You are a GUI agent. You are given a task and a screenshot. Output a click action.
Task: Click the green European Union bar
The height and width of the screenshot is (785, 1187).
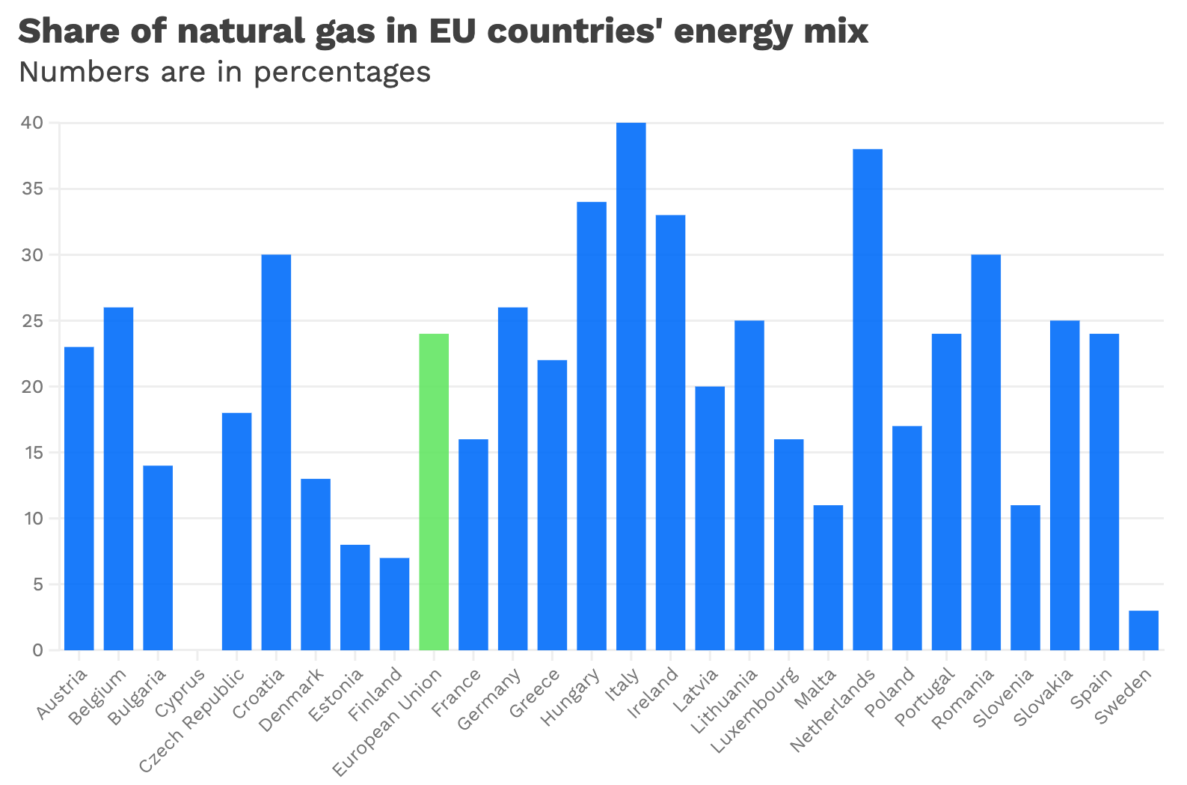point(434,492)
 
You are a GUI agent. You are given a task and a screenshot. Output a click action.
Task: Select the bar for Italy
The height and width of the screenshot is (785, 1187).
point(631,386)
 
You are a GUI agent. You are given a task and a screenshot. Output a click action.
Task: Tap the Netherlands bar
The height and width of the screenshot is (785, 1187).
point(868,400)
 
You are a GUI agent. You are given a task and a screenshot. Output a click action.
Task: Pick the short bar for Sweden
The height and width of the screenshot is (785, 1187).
point(1144,630)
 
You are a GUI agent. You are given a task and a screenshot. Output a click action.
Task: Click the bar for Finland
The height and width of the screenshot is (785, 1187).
point(394,604)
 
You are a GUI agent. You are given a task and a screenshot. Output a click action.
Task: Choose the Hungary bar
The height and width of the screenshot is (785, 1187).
point(592,426)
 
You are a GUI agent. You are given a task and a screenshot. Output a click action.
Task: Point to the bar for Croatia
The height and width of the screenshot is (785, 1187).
point(276,452)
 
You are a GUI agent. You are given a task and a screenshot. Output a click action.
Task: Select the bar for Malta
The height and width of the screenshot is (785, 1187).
point(828,578)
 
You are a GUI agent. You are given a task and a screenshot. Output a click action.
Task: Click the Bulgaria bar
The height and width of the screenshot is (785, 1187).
point(158,558)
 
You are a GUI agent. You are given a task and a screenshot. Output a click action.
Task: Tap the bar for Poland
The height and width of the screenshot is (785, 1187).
point(907,538)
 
